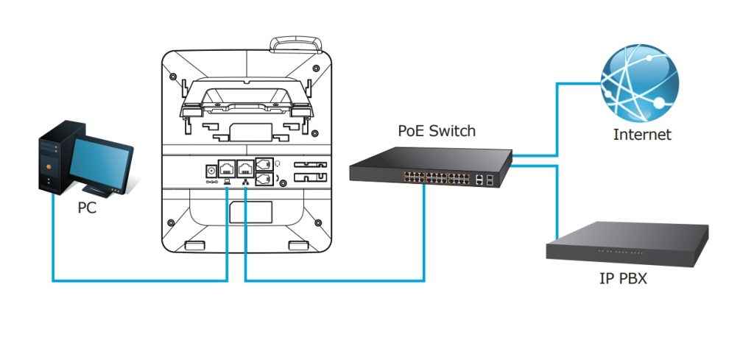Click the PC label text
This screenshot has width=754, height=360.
[87, 208]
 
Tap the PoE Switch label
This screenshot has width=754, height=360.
[437, 131]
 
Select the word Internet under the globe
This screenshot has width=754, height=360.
[642, 135]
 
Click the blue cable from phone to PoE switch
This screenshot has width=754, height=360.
[331, 280]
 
